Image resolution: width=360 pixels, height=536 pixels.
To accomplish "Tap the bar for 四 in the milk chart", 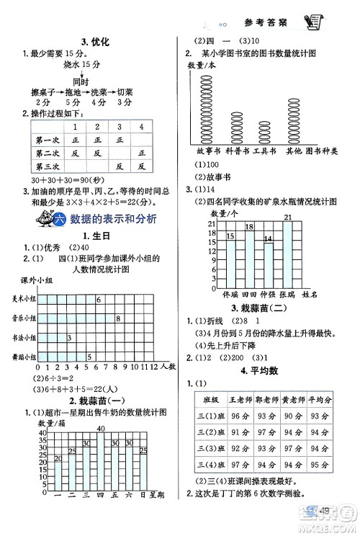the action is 102,461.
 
